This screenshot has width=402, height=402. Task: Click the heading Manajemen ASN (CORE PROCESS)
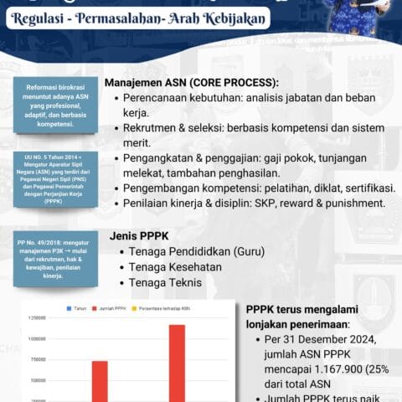pyautogui.click(x=192, y=84)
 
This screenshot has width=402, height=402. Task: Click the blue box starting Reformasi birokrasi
pyautogui.click(x=56, y=106)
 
